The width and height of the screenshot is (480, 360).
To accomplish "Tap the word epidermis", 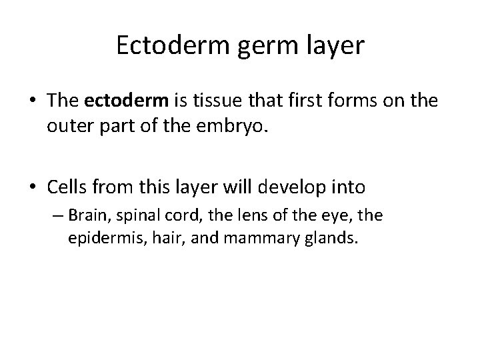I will [x=97, y=238].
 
